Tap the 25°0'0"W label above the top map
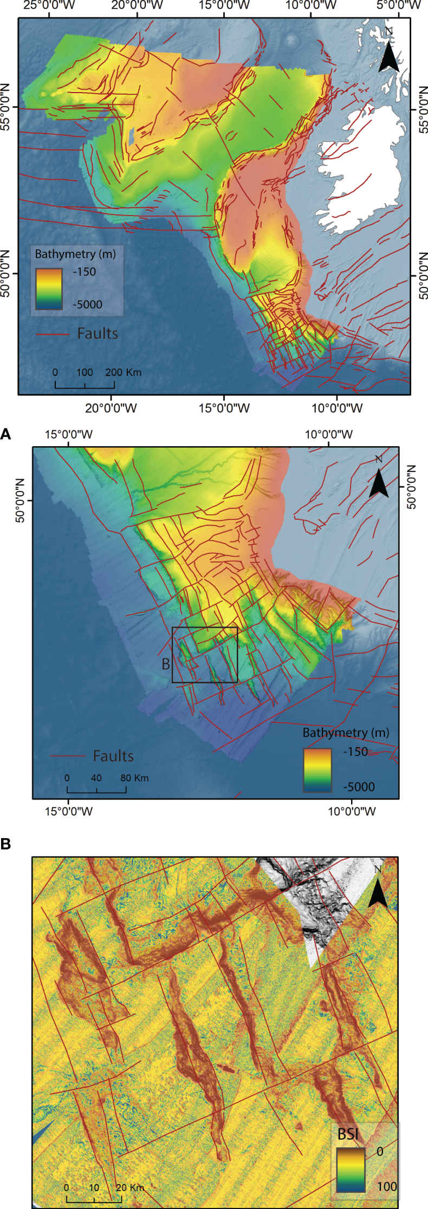coord(49,6)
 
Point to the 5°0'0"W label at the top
coord(399,6)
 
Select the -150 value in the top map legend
coord(85,272)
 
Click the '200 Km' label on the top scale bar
coord(123,372)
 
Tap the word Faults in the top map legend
coord(98,334)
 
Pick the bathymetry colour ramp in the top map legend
coord(49,289)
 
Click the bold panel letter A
coord(6,434)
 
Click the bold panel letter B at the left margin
coord(6,844)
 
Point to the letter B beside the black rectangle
coord(166,664)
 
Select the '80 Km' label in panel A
coord(134,778)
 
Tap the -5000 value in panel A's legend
coord(359,787)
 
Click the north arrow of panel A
coord(379,479)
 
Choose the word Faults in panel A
coord(113,756)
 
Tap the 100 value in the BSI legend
coord(387,1186)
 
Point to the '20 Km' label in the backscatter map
coord(130,1187)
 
